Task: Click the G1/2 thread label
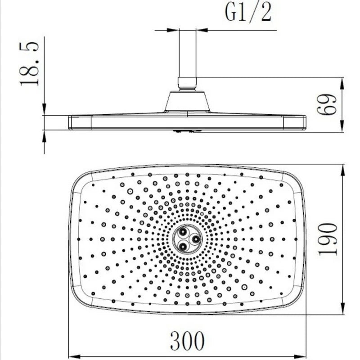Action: [x=248, y=12]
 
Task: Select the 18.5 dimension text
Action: [x=29, y=64]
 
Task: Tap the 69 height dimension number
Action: [x=327, y=104]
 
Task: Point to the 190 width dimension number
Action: [x=328, y=239]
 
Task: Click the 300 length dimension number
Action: [x=187, y=341]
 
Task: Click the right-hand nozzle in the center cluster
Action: [x=196, y=239]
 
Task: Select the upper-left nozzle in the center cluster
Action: [x=183, y=232]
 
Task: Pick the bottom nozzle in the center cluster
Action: [x=183, y=247]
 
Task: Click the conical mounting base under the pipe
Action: [x=187, y=101]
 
